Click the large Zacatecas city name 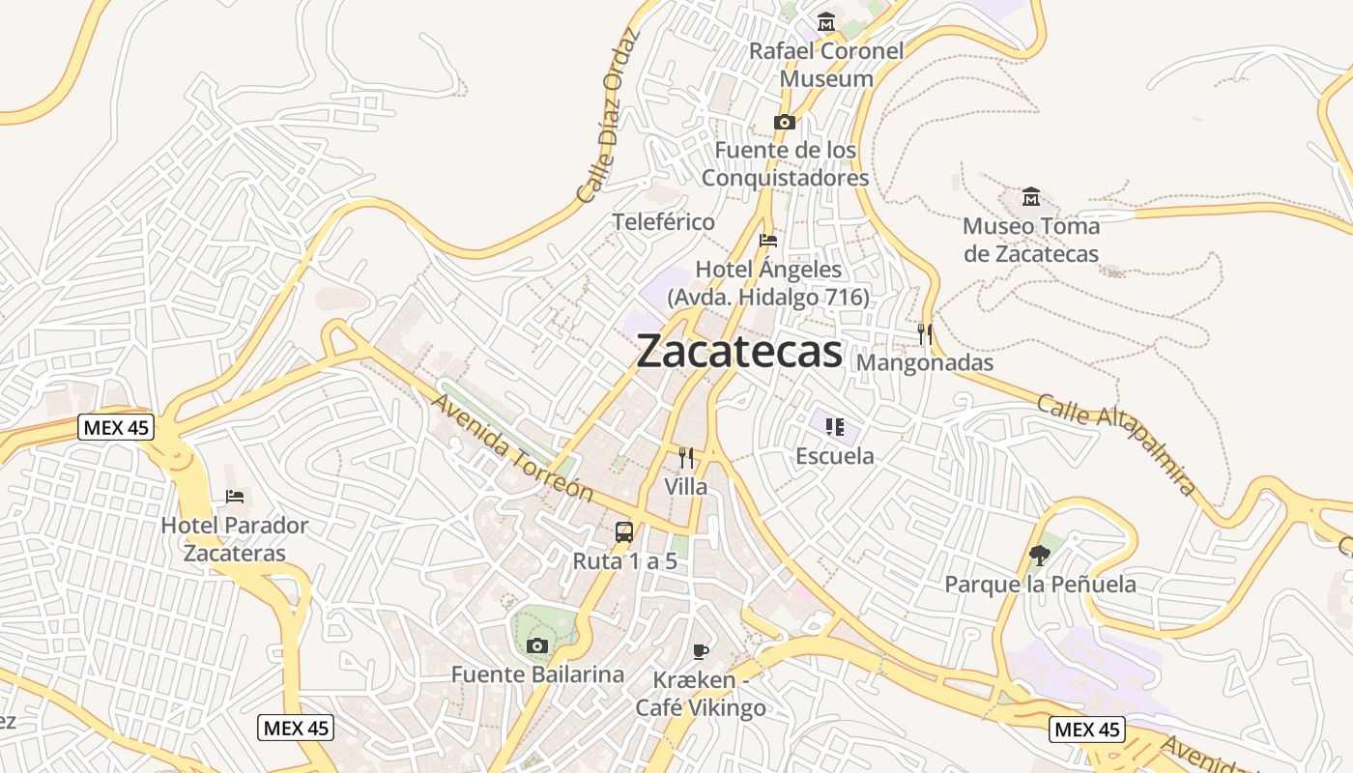click(739, 351)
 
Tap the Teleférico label click(664, 222)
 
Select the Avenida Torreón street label click(512, 445)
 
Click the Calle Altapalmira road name click(1117, 444)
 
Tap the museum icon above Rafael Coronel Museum click(826, 21)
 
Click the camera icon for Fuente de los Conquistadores click(785, 122)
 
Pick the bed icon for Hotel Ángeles click(768, 241)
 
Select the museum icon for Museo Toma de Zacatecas click(1031, 197)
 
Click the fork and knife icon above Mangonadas click(925, 334)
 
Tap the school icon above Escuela click(835, 426)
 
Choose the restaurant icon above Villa click(686, 458)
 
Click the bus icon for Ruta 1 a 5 click(624, 531)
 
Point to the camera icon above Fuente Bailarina click(537, 645)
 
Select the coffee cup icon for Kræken click(701, 651)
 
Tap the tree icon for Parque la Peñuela click(1040, 556)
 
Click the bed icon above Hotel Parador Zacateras click(235, 497)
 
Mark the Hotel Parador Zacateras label click(235, 539)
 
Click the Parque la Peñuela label click(1040, 585)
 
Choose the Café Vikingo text click(701, 707)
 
